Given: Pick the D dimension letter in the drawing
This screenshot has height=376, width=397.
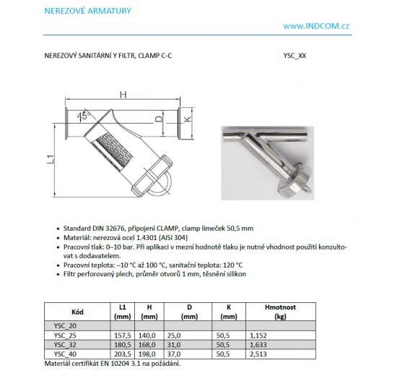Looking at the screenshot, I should (x=158, y=119).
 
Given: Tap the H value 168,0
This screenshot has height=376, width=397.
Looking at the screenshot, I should (x=149, y=344).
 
